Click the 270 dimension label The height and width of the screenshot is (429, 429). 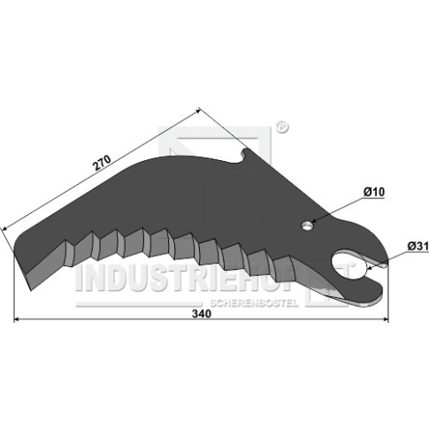coord(102,163)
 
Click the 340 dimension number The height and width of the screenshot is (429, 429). coord(202,314)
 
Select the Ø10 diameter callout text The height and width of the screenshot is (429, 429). coord(374,192)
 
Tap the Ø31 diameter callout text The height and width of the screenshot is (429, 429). coord(418,246)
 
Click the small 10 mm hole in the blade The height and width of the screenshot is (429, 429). coord(307,226)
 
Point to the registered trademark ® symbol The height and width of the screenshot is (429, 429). coord(281,127)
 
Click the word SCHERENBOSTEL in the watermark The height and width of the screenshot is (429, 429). coord(254,303)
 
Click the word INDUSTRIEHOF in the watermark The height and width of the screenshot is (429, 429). coord(188,277)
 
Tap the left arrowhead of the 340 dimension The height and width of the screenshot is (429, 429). coord(17,319)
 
